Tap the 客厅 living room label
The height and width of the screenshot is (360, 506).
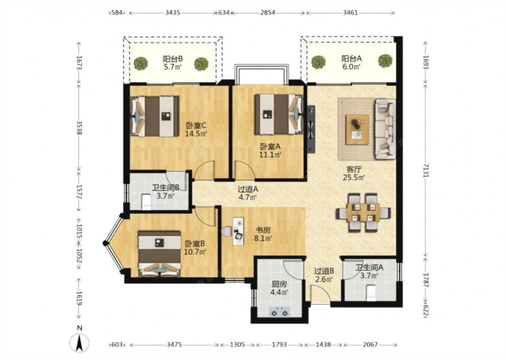354,169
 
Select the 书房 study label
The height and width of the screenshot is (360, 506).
263,230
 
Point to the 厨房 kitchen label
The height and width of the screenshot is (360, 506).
279,285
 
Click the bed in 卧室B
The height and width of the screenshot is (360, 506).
159,254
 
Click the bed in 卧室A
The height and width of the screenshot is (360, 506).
279,114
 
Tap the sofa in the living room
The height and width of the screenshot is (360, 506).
385,129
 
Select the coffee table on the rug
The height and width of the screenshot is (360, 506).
357,130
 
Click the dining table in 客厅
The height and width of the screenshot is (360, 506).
363,213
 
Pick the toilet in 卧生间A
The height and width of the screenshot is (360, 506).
371,293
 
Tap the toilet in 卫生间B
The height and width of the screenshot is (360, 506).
147,202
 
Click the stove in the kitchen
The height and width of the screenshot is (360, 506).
279,312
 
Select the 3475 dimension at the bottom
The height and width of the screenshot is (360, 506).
175,344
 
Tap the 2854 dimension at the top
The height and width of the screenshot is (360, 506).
268,13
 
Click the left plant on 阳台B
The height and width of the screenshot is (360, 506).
141,63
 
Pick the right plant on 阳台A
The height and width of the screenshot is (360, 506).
385,61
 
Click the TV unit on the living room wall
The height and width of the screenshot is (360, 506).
311,129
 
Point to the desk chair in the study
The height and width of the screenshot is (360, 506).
227,231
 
